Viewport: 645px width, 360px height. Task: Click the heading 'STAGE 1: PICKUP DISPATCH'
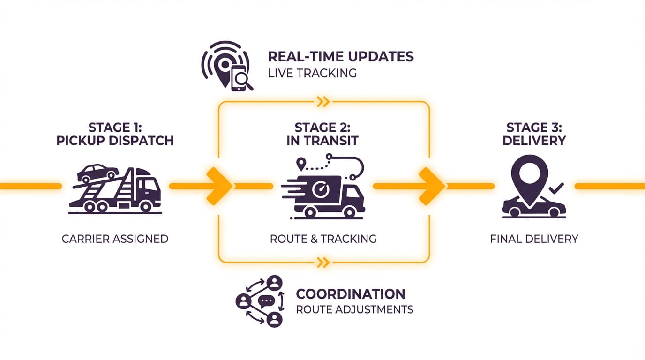click(x=115, y=134)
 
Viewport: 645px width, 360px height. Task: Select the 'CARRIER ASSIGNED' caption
click(x=115, y=239)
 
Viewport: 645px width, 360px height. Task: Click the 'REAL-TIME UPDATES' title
click(x=341, y=57)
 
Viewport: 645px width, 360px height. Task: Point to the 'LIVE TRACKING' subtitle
click(x=312, y=73)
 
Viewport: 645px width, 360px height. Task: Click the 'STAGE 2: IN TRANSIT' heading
click(x=322, y=134)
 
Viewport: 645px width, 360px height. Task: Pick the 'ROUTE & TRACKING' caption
click(x=323, y=239)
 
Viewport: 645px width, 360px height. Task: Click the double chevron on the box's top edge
click(x=323, y=101)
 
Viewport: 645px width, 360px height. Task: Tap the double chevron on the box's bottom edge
click(x=323, y=262)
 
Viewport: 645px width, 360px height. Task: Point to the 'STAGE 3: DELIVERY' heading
click(x=534, y=134)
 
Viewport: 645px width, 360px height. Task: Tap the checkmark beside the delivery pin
click(x=556, y=189)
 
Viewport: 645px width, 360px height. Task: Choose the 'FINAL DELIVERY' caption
click(x=534, y=239)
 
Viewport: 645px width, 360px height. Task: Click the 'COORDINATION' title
click(x=351, y=294)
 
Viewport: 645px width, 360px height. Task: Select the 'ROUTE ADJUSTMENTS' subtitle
click(x=354, y=309)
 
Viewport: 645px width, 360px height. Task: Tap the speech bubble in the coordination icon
click(x=266, y=301)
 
